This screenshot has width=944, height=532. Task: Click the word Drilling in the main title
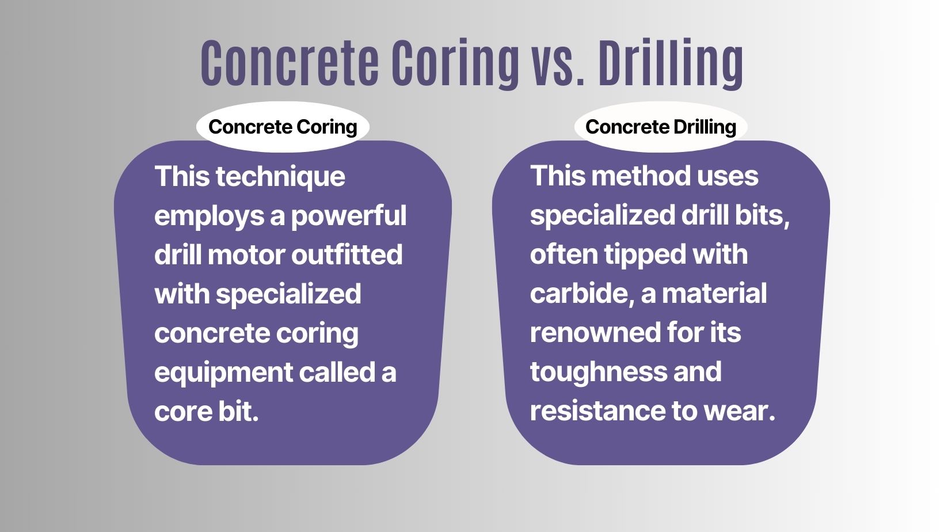click(671, 63)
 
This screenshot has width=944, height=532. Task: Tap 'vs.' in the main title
click(558, 63)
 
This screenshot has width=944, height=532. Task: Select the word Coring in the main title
click(455, 63)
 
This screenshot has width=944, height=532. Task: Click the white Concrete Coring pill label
click(283, 127)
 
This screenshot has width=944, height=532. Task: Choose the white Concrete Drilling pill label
click(661, 127)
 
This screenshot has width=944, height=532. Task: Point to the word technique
click(280, 177)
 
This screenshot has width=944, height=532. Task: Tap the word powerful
click(349, 216)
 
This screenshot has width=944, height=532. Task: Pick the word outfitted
click(347, 255)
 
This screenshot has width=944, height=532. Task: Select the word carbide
click(581, 294)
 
